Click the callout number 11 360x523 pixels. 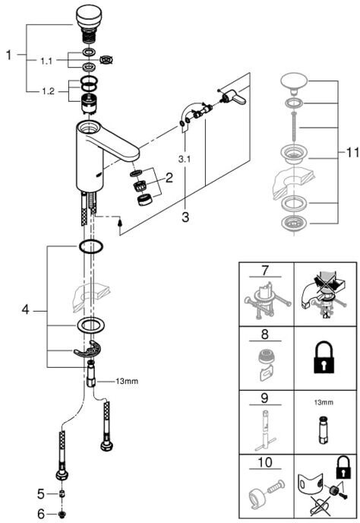[x=351, y=153]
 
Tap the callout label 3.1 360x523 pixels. [x=184, y=159]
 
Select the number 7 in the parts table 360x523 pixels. [x=265, y=271]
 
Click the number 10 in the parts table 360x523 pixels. [x=265, y=462]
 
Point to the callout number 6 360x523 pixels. [x=41, y=513]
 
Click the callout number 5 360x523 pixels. [x=41, y=494]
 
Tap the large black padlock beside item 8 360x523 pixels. [x=324, y=357]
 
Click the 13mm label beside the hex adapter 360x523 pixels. [x=127, y=381]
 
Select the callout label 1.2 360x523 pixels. [x=48, y=91]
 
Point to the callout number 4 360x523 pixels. [x=25, y=310]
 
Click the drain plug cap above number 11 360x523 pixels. [x=294, y=83]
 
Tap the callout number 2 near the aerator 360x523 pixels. [x=169, y=178]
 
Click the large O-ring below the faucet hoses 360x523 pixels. [x=90, y=247]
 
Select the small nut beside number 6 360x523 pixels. [x=62, y=514]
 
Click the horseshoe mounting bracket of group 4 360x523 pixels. [x=87, y=350]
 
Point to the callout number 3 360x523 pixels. [x=185, y=217]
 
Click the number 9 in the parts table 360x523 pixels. [x=265, y=398]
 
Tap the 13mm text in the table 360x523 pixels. [x=324, y=402]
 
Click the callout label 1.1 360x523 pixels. [x=46, y=61]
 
